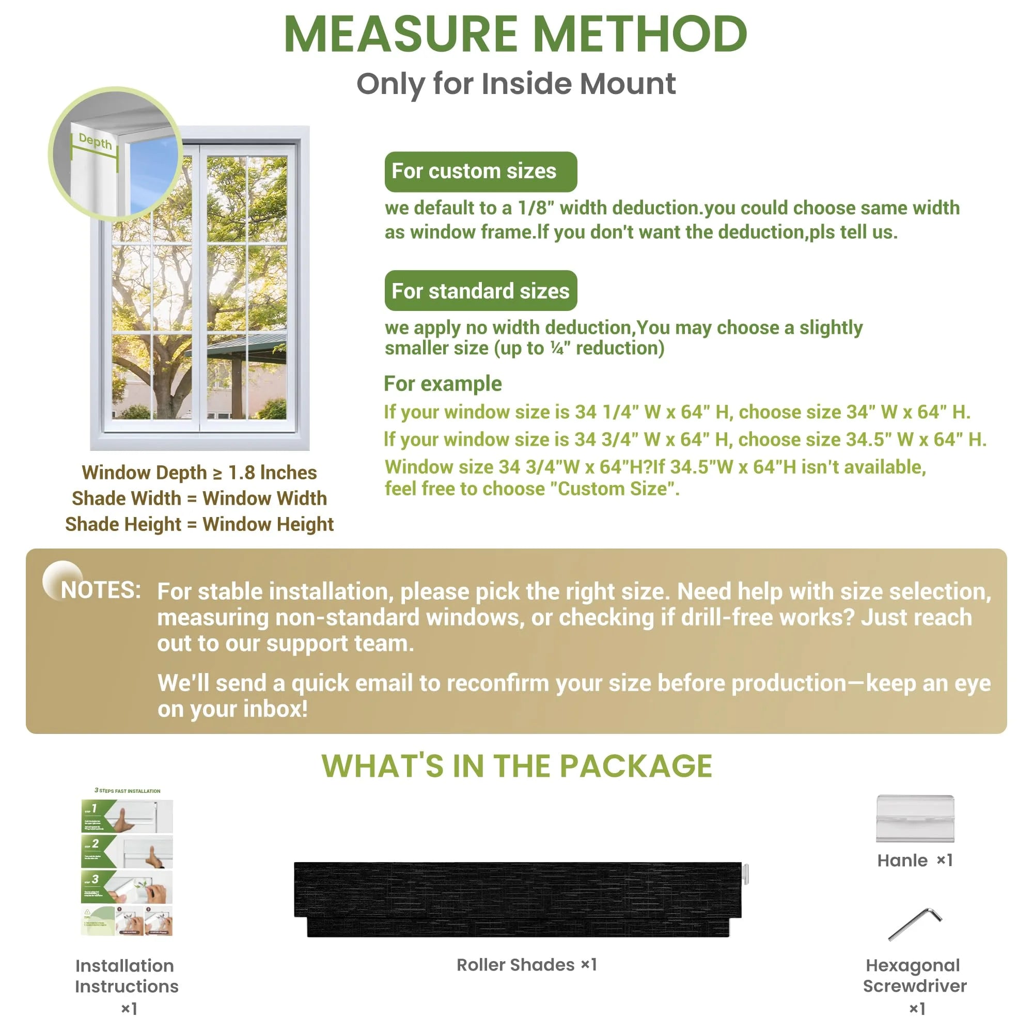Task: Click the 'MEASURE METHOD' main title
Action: tap(515, 34)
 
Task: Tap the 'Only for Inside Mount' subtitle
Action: tap(516, 84)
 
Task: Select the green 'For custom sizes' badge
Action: tap(480, 171)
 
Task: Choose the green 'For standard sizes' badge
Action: tap(480, 291)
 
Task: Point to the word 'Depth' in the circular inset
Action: tap(95, 141)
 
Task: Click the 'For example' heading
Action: tap(443, 384)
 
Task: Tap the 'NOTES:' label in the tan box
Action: tap(101, 590)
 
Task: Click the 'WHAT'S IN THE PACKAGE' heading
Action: tap(516, 765)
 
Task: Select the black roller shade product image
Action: tap(518, 899)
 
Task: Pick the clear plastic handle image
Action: tap(915, 818)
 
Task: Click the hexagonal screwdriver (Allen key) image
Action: tap(915, 923)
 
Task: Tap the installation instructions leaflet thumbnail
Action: tap(127, 865)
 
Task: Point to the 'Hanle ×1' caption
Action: tap(915, 860)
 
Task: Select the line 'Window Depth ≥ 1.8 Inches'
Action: tap(199, 473)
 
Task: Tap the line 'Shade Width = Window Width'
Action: tap(199, 498)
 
